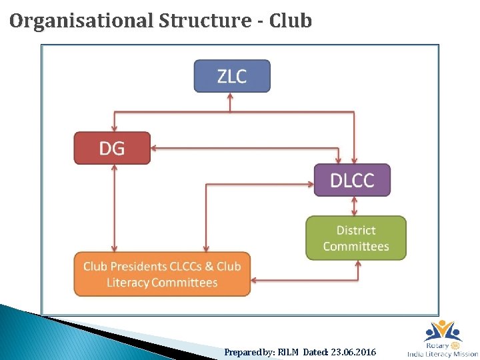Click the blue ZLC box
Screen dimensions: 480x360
coord(231,76)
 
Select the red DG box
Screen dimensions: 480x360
coord(112,147)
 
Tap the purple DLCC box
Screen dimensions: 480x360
coord(352,179)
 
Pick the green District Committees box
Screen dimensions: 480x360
coord(355,238)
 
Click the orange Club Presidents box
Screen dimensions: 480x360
coord(162,274)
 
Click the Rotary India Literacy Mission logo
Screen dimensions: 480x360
coord(442,339)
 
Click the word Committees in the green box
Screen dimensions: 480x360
coord(355,246)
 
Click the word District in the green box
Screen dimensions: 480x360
coord(355,230)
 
